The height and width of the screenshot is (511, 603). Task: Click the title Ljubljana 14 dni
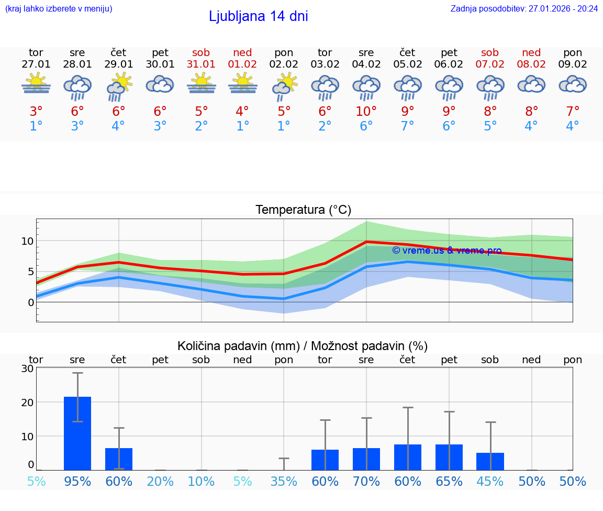[258, 16]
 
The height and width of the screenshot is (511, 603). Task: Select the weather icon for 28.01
[77, 87]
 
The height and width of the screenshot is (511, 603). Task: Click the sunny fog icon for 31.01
[202, 84]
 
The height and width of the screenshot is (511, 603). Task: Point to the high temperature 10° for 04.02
[366, 111]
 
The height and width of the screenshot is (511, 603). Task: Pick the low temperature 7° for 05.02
[408, 126]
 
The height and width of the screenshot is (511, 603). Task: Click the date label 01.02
[242, 64]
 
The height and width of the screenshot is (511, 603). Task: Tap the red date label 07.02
[490, 64]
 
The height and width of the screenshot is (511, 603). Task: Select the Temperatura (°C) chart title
[303, 210]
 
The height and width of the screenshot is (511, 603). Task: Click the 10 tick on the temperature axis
[27, 241]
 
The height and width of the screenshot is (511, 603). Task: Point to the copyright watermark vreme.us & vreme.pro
[446, 251]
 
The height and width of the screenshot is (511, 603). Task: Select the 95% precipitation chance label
[77, 482]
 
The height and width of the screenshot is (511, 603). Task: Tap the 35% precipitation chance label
[284, 482]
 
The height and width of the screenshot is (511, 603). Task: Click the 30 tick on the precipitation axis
[27, 368]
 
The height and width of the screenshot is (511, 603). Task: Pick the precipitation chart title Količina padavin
[303, 346]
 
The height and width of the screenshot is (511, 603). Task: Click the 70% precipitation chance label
[366, 482]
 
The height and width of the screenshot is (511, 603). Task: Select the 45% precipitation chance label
[490, 482]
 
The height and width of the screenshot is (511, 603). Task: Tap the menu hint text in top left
[59, 9]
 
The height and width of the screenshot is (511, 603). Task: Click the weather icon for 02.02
[284, 86]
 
